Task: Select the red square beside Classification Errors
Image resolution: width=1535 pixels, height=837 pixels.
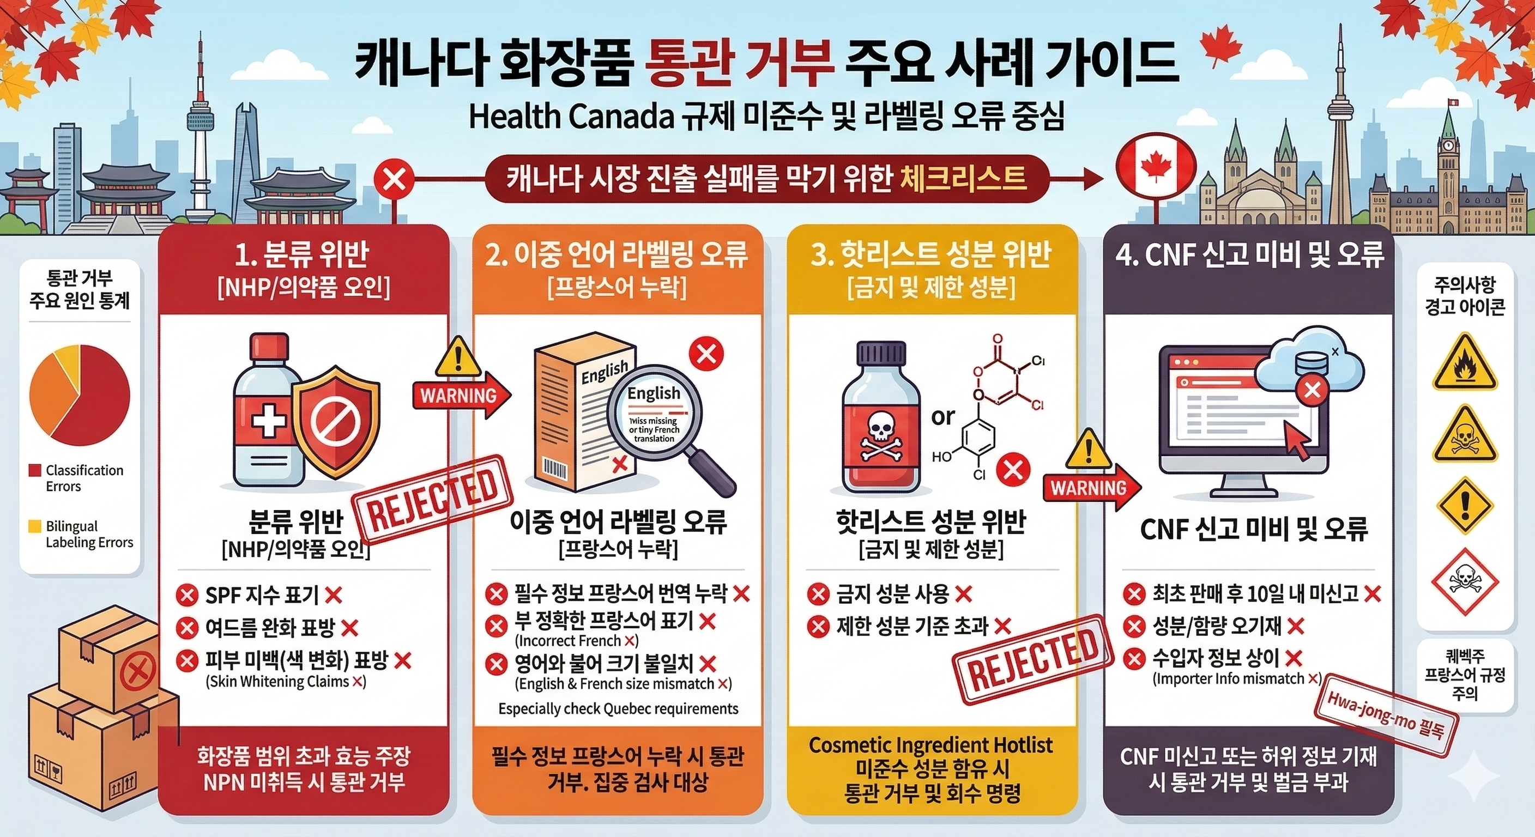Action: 35,471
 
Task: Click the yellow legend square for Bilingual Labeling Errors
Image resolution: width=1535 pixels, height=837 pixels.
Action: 35,526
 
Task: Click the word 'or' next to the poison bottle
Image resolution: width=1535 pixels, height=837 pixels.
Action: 942,417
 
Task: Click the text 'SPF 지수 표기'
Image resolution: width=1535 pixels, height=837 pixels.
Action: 262,595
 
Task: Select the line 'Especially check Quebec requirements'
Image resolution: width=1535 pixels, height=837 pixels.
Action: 618,709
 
